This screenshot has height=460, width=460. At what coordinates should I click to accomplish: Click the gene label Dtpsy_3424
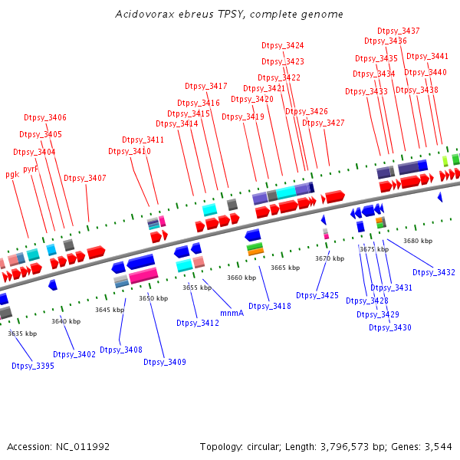coord(283,46)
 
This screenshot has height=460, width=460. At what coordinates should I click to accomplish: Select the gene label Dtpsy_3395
coord(33,366)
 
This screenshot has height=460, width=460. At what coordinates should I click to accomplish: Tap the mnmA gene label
coord(232,313)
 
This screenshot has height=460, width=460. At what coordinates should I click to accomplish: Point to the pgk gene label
coord(12,174)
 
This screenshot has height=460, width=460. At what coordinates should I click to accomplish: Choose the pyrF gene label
coord(31,169)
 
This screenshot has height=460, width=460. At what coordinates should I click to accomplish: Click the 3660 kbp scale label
coord(242,278)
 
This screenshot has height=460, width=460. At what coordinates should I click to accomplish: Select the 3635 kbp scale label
coord(22,333)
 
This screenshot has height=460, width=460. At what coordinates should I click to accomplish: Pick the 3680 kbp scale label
coord(418,241)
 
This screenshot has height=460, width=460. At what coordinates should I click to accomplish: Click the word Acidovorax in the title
coord(143,15)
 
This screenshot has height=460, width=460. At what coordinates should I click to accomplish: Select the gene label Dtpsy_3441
coord(428,56)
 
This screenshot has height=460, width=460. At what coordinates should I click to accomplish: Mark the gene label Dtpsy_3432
coord(434,272)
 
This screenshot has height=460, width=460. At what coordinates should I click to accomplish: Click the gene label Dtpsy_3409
coord(165,362)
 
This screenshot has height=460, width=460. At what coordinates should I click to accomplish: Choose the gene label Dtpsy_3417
coord(206,86)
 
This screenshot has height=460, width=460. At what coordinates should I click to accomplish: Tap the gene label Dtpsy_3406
coord(45,117)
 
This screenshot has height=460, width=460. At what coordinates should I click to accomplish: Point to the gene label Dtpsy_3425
coord(317,295)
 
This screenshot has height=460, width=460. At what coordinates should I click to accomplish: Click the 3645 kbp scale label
coord(110,310)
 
